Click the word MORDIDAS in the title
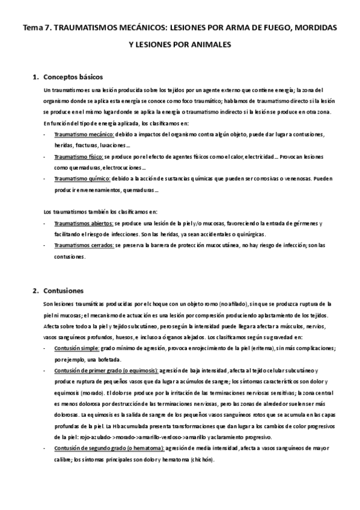pyautogui.click(x=313, y=28)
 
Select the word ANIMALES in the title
pyautogui.click(x=209, y=45)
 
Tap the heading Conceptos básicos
pyautogui.click(x=74, y=77)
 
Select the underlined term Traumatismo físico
pyautogui.click(x=78, y=156)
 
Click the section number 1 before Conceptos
pyautogui.click(x=35, y=77)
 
